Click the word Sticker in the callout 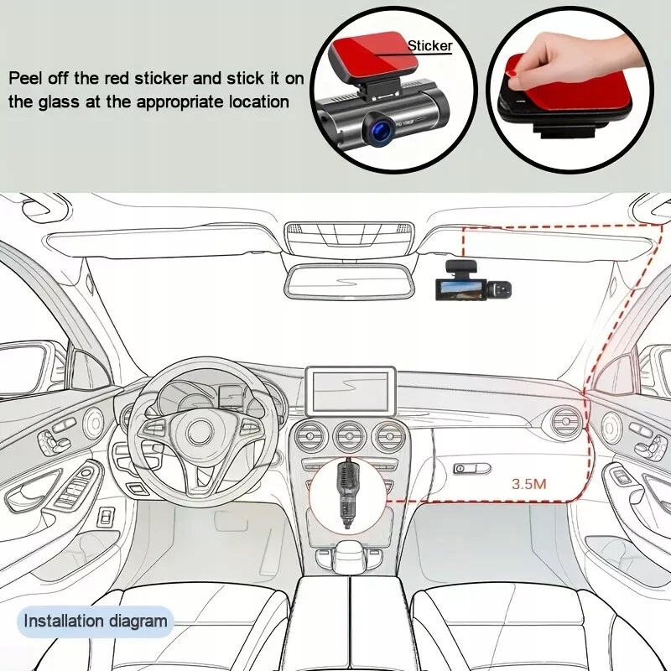(430, 47)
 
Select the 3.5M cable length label (529, 484)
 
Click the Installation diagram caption (96, 622)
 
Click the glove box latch (470, 468)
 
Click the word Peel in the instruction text (26, 78)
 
